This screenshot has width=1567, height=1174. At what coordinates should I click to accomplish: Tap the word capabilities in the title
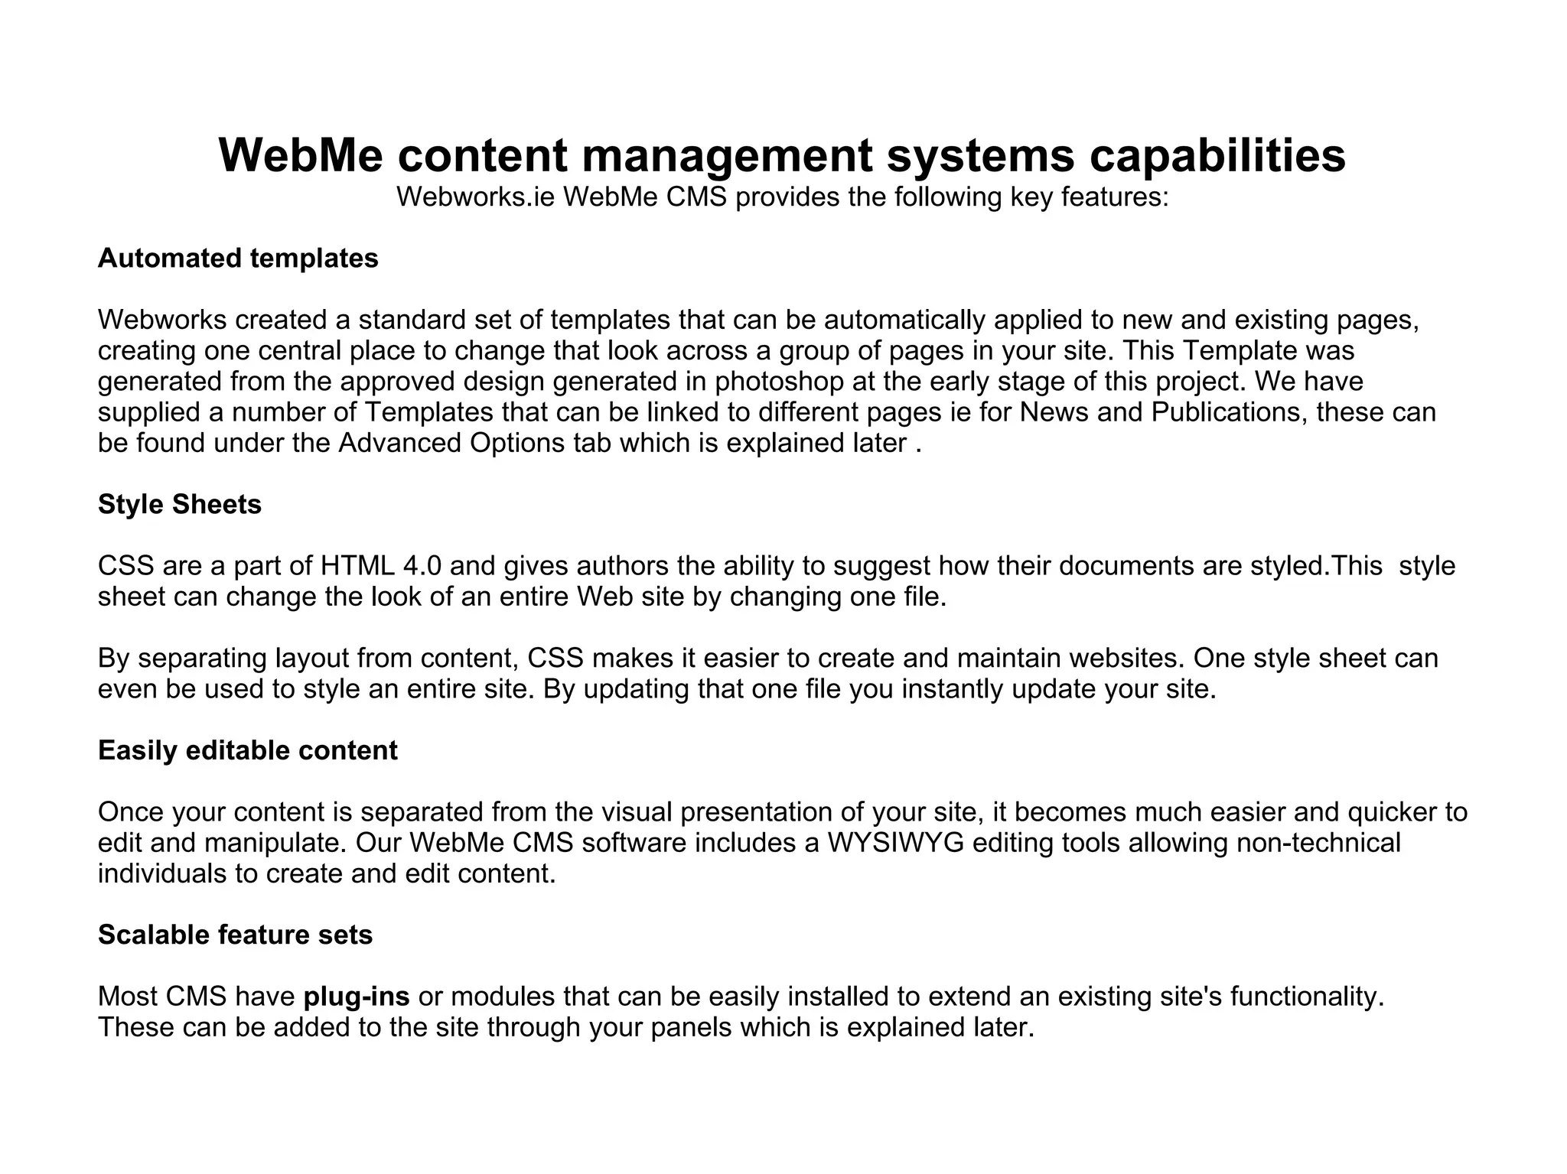click(1217, 155)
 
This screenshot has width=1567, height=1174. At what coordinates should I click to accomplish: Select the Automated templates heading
click(238, 259)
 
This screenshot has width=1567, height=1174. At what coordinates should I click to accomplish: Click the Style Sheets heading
click(180, 505)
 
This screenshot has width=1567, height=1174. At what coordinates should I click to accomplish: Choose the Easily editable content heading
click(248, 750)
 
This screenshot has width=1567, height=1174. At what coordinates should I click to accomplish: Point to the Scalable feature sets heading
click(235, 935)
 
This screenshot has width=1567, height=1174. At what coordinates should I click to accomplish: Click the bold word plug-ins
click(357, 997)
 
